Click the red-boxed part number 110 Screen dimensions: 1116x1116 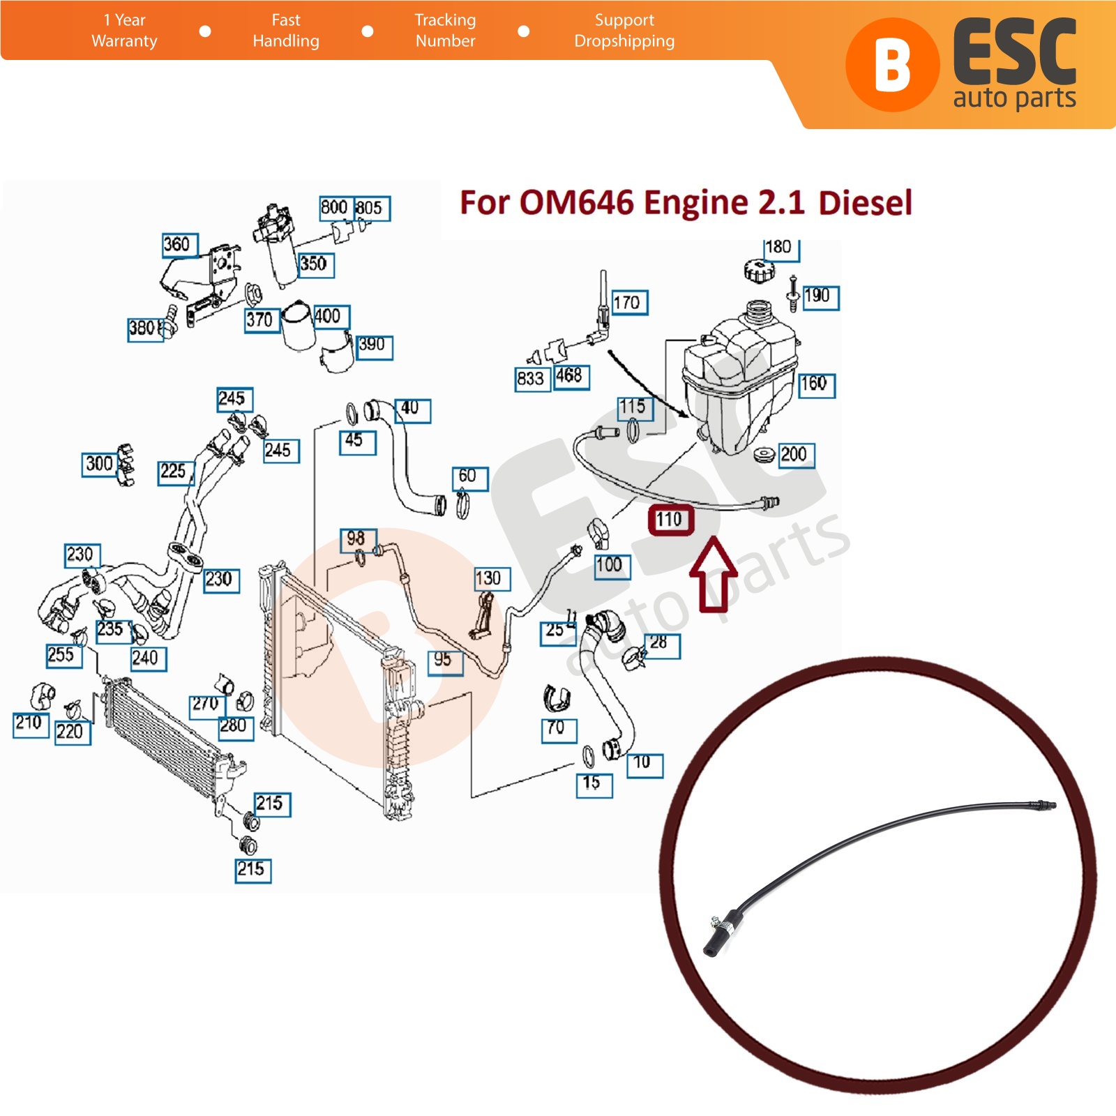pyautogui.click(x=670, y=520)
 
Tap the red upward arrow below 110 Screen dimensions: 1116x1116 pyautogui.click(x=714, y=573)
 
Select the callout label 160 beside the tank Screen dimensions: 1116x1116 pyautogui.click(x=816, y=384)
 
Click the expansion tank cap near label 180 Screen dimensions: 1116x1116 pyautogui.click(x=756, y=269)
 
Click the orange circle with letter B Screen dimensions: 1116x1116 pyautogui.click(x=893, y=65)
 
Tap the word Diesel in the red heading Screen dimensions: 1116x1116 pyautogui.click(x=865, y=203)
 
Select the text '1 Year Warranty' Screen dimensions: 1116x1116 pyautogui.click(x=124, y=31)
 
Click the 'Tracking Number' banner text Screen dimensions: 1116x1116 pyautogui.click(x=445, y=31)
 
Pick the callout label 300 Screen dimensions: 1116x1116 pyautogui.click(x=100, y=464)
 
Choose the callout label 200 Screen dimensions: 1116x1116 pyautogui.click(x=796, y=455)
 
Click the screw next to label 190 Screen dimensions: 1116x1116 pyautogui.click(x=792, y=294)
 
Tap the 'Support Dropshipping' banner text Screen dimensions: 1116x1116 pyautogui.click(x=624, y=31)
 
